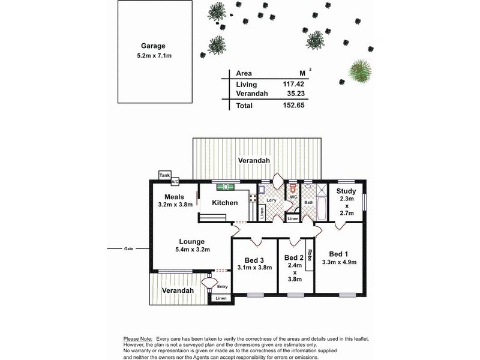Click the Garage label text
point(153,46)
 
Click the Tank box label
point(164,175)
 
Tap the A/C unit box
point(175,181)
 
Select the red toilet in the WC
point(293,187)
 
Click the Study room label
point(346,191)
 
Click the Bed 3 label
point(254,260)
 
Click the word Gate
point(128,248)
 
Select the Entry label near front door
point(223,287)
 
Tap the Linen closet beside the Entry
point(221,298)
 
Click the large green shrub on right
point(359,71)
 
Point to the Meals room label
point(173,197)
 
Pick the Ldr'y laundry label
point(271,200)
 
